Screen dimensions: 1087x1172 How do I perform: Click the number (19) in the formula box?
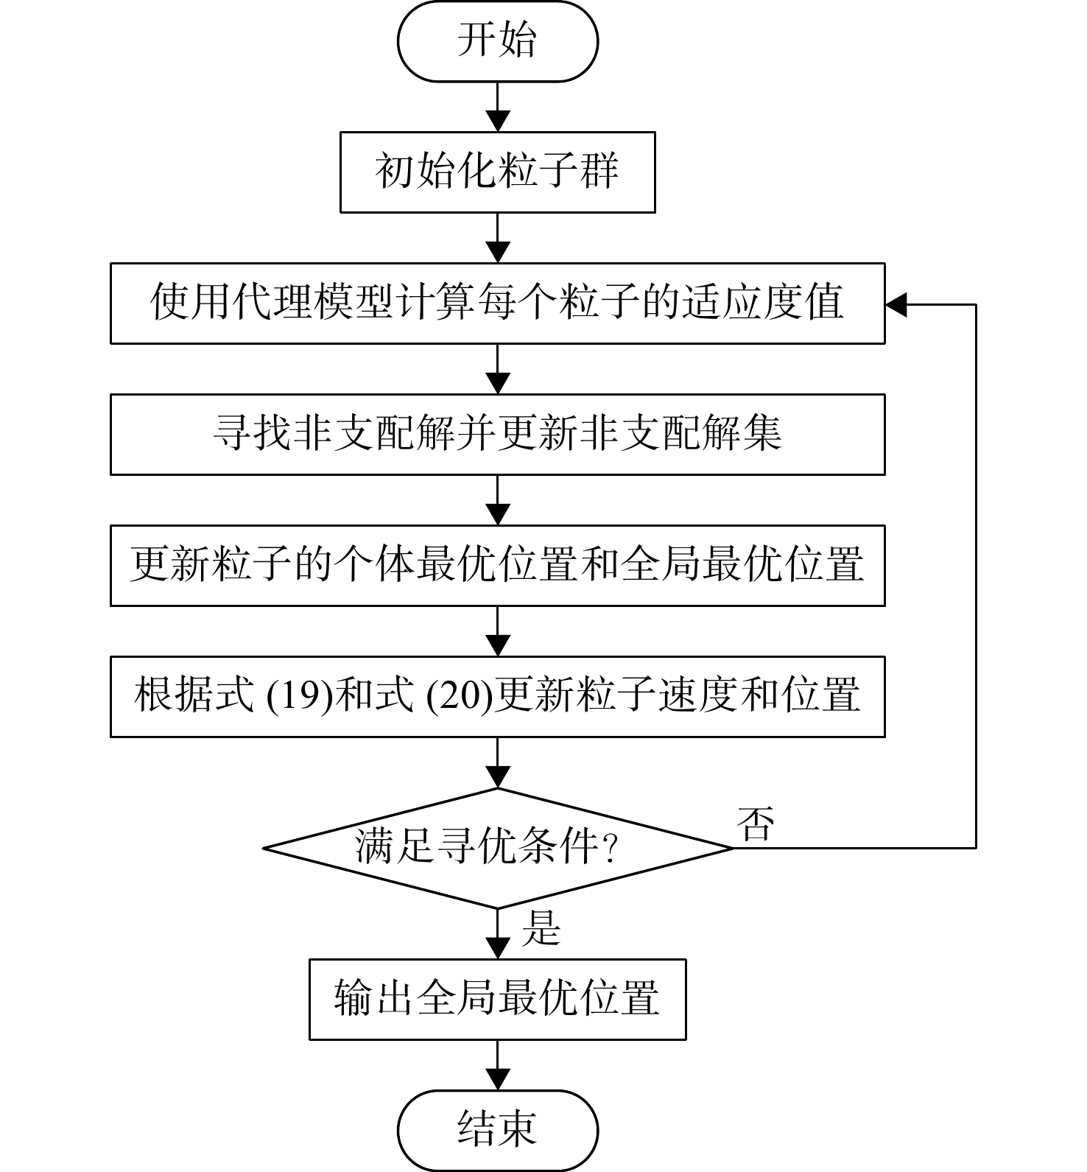[300, 696]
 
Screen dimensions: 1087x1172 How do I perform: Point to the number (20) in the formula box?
[460, 696]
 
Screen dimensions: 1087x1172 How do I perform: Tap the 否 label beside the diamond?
[756, 824]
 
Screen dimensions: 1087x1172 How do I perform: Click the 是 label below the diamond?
[541, 928]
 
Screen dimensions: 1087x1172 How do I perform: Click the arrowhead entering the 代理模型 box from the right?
[896, 304]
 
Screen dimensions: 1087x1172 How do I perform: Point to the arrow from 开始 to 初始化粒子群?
[498, 107]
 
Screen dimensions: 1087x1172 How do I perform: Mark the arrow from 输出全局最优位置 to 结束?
[498, 1065]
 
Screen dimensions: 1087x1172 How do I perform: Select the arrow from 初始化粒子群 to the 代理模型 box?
[498, 238]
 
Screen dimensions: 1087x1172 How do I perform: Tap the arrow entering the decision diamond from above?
[498, 762]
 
